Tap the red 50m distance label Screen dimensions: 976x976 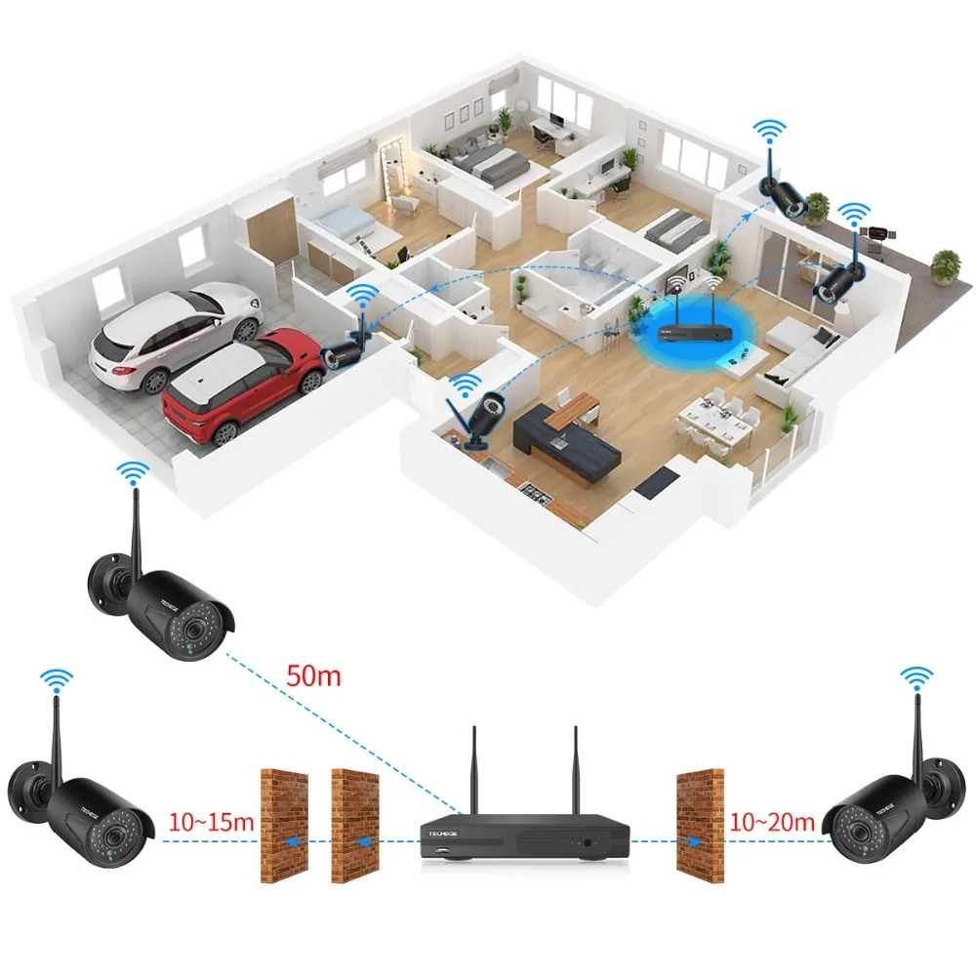tap(313, 674)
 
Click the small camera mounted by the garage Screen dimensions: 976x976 tap(346, 349)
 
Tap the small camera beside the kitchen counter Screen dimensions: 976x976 tap(478, 415)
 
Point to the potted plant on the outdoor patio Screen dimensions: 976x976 tap(945, 265)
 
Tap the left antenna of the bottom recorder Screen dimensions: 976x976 tap(473, 771)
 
